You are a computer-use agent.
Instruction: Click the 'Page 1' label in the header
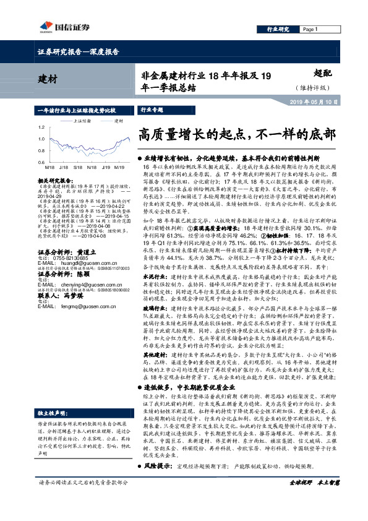coord(309,30)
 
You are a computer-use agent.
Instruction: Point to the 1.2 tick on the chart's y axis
coord(41,128)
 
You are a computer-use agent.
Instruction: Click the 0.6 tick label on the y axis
coord(41,162)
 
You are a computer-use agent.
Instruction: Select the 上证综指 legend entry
coord(82,121)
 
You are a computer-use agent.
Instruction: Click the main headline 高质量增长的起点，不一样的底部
coord(237,134)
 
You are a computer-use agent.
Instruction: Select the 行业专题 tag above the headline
coord(152,110)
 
